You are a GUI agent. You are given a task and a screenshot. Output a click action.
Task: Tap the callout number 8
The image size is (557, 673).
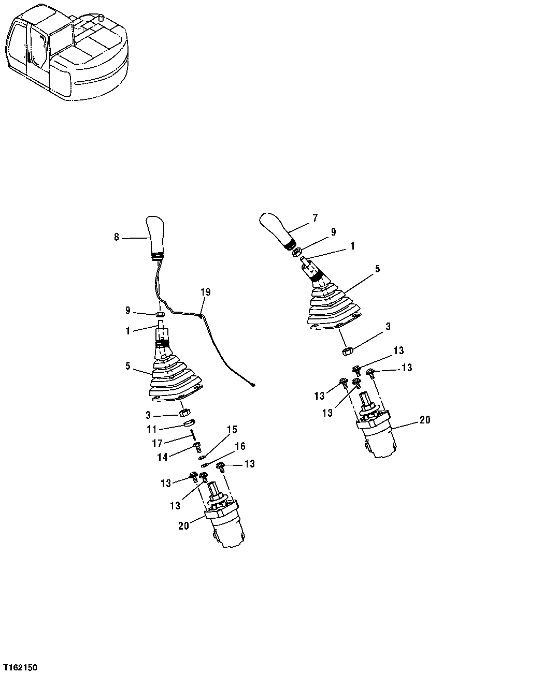click(x=117, y=237)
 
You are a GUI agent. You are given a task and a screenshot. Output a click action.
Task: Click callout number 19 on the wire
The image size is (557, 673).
click(x=205, y=292)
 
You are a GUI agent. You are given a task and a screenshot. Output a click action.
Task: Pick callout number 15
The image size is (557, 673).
click(x=232, y=429)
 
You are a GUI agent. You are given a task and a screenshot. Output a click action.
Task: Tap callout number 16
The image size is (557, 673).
click(x=240, y=446)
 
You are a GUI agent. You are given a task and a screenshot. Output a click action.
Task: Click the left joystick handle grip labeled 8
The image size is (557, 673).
click(x=155, y=236)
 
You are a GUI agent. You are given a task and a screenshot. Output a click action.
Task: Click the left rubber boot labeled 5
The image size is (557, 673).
click(x=175, y=381)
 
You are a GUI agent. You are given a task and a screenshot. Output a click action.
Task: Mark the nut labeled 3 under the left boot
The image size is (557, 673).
click(x=183, y=413)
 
